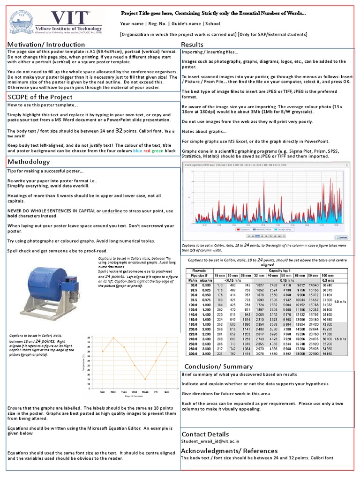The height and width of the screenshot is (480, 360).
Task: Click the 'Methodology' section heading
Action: (29, 162)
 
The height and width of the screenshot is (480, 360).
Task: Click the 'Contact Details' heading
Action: (205, 434)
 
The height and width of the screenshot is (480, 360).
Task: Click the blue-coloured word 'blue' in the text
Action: (137, 151)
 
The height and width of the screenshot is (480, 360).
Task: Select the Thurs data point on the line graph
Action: (145, 379)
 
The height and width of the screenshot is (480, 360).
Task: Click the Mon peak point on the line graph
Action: (113, 337)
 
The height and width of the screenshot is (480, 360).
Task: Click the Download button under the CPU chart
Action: (342, 238)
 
